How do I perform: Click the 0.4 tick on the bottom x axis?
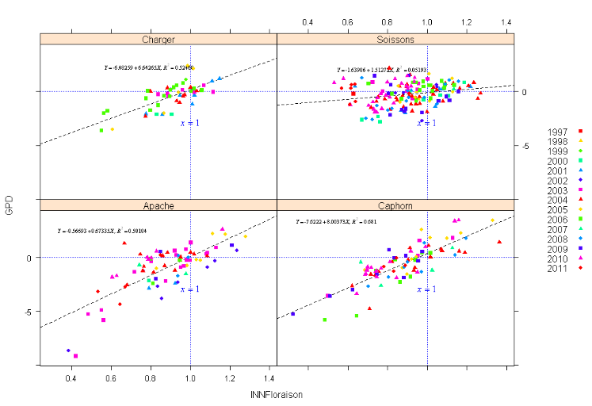click(71, 377)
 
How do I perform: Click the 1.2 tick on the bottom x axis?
click(230, 377)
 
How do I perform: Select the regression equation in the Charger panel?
click(149, 68)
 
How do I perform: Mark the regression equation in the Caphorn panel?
click(336, 222)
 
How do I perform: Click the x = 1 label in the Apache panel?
click(190, 289)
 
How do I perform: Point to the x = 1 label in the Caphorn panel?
click(427, 289)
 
